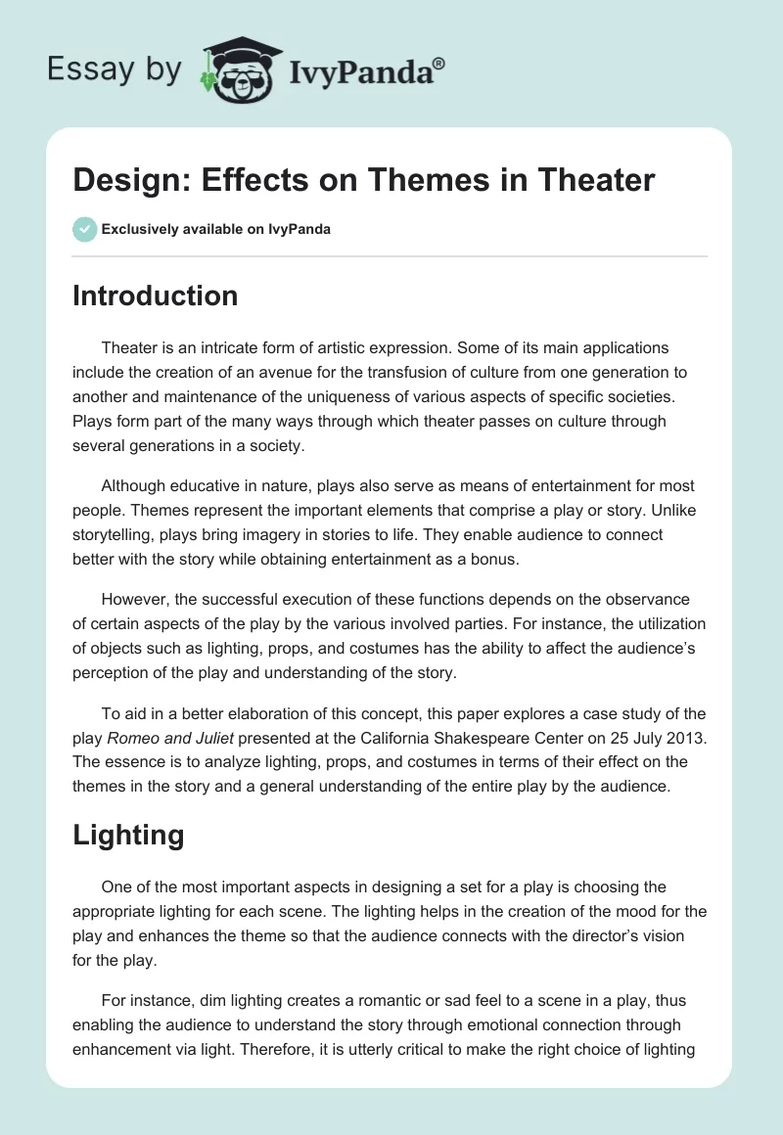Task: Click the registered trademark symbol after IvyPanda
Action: coord(439,64)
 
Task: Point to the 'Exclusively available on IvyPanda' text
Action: coord(215,229)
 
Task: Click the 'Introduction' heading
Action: coord(155,295)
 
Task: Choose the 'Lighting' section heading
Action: coord(128,835)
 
